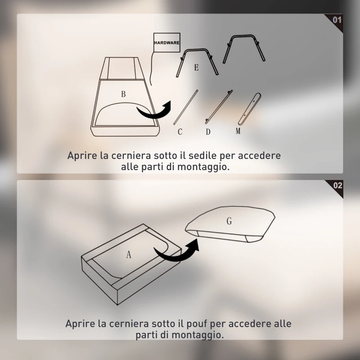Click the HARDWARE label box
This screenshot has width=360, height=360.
point(166,43)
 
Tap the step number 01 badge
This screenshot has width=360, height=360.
point(337,20)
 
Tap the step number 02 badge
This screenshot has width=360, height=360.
point(337,185)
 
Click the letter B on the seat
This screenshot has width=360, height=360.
point(123,94)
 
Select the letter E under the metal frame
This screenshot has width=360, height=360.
point(196,67)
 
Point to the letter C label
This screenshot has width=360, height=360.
point(180,132)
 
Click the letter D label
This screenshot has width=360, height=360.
point(208,132)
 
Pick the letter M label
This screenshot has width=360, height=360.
point(238,131)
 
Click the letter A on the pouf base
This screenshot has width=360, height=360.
point(129,255)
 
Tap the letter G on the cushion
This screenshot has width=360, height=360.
point(229,221)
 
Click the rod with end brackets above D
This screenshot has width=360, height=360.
point(219,107)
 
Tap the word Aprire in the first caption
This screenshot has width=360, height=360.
point(83,156)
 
